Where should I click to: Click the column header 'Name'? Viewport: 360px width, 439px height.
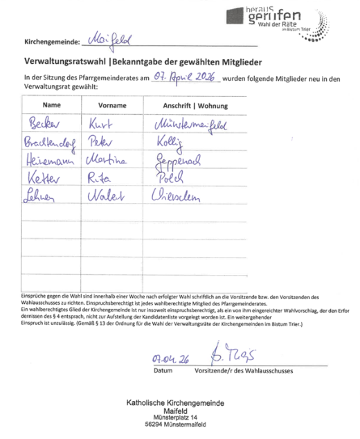52,105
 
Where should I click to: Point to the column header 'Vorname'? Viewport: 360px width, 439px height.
112,105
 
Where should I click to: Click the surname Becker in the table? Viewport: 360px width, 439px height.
44,125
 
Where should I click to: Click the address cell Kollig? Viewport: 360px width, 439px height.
170,143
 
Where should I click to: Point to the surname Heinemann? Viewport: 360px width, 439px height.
48,159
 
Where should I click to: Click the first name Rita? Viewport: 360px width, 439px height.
101,177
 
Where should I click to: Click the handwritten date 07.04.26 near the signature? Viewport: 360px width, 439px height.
170,359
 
